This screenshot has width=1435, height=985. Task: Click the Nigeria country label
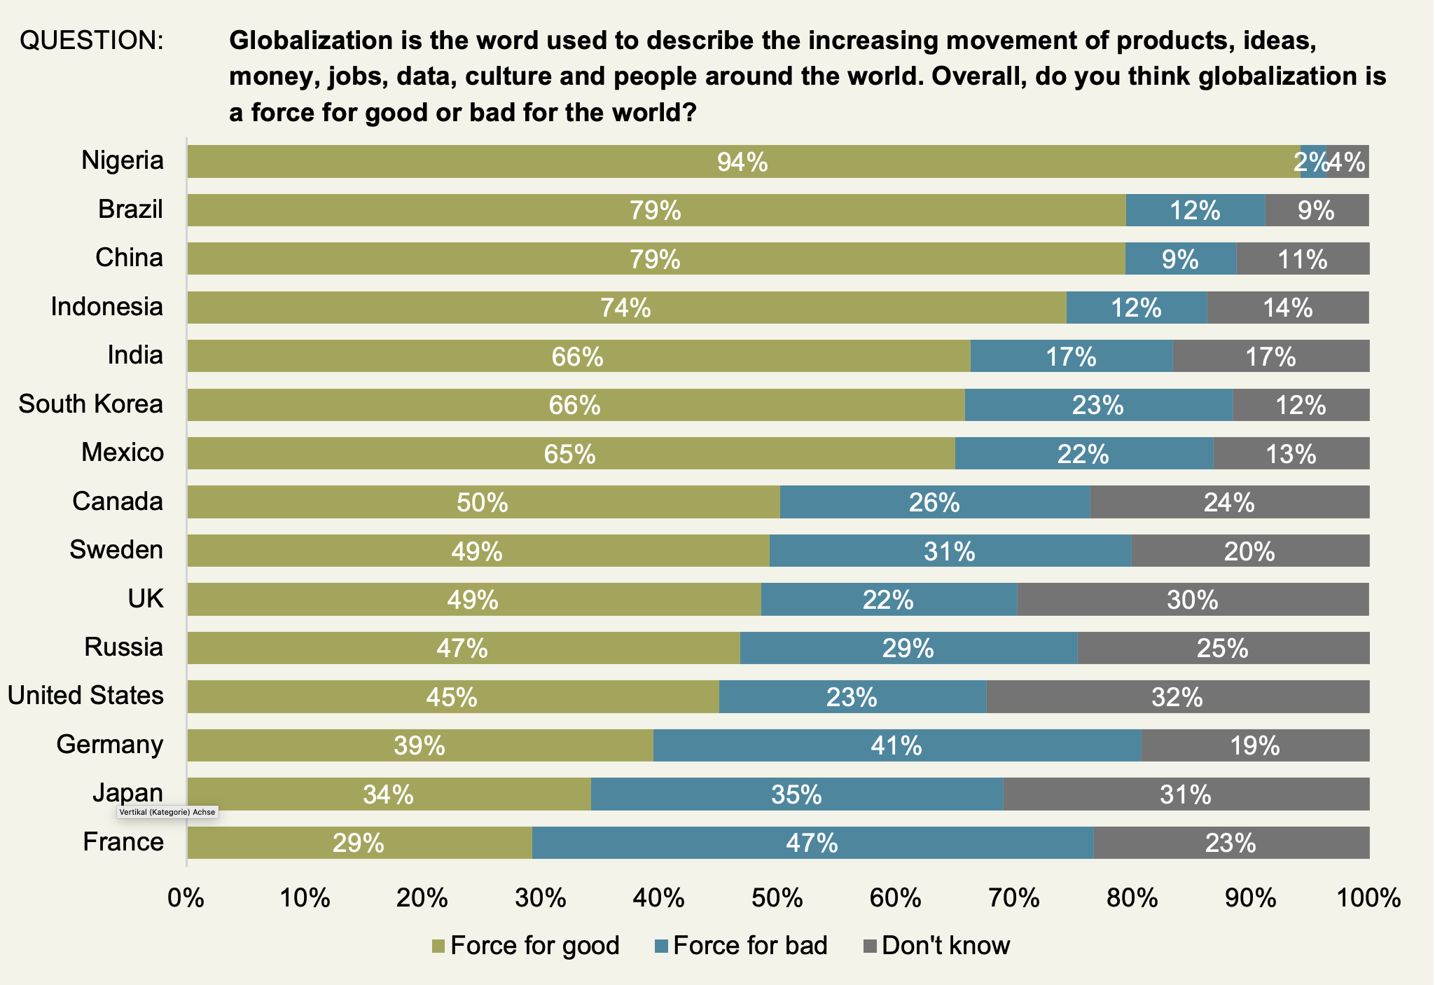pyautogui.click(x=123, y=160)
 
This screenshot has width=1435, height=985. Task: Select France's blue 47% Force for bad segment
pyautogui.click(x=812, y=842)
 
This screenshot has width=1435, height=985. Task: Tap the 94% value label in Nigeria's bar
pyautogui.click(x=742, y=163)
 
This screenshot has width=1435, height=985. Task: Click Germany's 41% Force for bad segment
pyautogui.click(x=896, y=745)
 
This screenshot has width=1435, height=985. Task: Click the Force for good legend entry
pyautogui.click(x=526, y=946)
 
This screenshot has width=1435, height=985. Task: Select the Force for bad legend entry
pyautogui.click(x=742, y=946)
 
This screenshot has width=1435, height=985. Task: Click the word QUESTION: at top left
pyautogui.click(x=91, y=41)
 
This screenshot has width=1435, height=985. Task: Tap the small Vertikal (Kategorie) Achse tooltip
pyautogui.click(x=167, y=813)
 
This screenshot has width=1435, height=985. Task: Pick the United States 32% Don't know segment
pyautogui.click(x=1177, y=697)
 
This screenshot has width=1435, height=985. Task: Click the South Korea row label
pyautogui.click(x=91, y=404)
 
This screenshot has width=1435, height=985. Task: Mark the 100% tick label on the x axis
pyautogui.click(x=1368, y=897)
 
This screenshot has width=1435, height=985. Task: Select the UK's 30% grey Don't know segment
pyautogui.click(x=1193, y=600)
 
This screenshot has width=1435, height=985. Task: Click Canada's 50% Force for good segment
pyautogui.click(x=483, y=502)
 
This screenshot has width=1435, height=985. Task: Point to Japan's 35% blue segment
pyautogui.click(x=796, y=794)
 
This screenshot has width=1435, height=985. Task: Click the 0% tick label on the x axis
pyautogui.click(x=186, y=897)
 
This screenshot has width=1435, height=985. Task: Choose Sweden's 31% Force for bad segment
pyautogui.click(x=950, y=551)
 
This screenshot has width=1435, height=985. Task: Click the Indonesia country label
pyautogui.click(x=107, y=307)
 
